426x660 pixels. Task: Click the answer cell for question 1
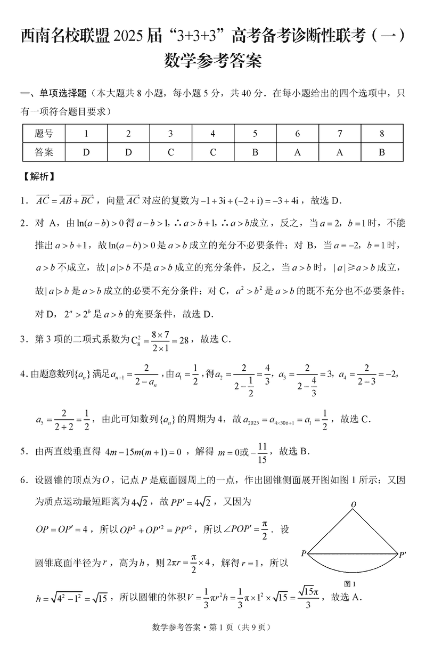click(x=86, y=152)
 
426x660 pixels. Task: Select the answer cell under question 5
click(x=255, y=152)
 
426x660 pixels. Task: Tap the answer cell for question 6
click(x=297, y=152)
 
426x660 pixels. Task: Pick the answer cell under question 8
click(x=382, y=152)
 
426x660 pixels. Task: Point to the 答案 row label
click(x=44, y=152)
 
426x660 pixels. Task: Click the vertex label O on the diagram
click(x=354, y=503)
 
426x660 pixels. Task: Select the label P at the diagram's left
click(x=303, y=553)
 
